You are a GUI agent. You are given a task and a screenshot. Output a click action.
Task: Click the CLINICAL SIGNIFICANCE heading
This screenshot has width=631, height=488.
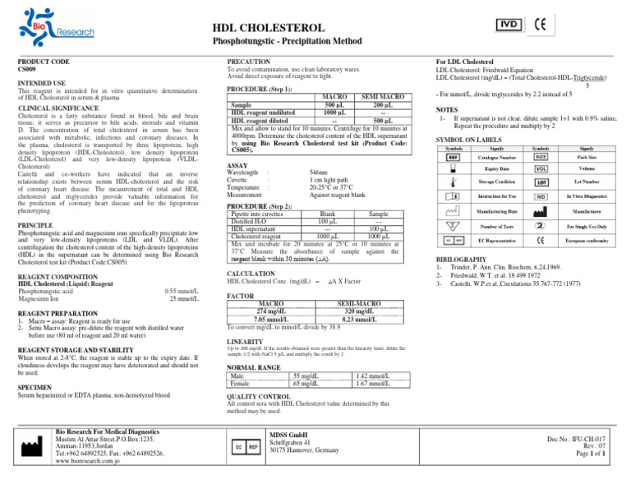tap(60, 108)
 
